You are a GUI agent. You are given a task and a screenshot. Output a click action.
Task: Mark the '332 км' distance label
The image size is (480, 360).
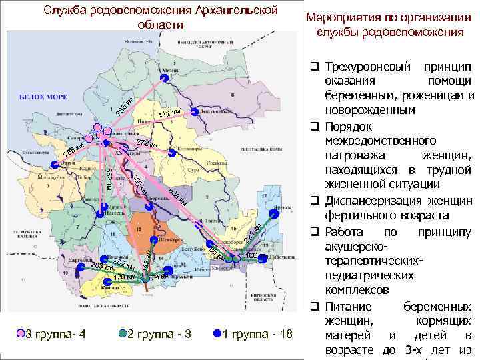pyautogui.click(x=109, y=178)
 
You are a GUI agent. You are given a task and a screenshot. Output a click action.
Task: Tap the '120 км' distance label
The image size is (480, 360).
pyautogui.click(x=125, y=277)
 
